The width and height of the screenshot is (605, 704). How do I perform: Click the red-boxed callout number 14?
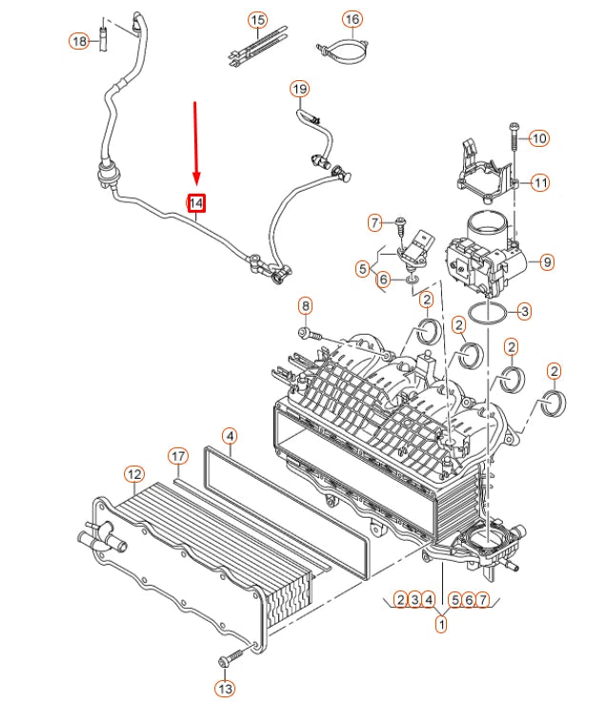point(196,202)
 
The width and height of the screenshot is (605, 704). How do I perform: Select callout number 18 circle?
point(79,40)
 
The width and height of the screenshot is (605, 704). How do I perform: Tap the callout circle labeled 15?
point(257,20)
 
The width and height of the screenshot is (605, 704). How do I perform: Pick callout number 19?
point(300,90)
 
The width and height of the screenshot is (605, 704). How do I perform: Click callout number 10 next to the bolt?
point(539,138)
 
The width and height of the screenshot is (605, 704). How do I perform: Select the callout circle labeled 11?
point(540,182)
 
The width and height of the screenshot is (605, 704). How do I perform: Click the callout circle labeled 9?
point(546,259)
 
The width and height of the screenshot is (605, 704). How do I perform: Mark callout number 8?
point(305,306)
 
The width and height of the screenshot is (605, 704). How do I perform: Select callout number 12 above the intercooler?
point(134,474)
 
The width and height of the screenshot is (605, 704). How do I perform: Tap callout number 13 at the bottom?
point(224,688)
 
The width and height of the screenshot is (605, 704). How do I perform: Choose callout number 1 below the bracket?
point(441,625)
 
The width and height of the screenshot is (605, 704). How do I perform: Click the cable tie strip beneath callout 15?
point(250,52)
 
